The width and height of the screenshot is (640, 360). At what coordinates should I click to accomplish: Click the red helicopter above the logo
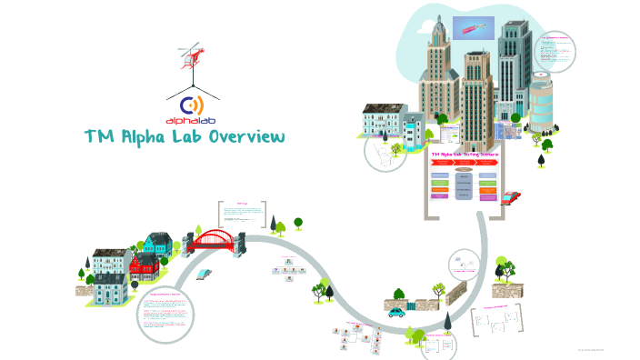coord(190,55)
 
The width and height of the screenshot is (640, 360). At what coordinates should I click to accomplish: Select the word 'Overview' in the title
coord(247,137)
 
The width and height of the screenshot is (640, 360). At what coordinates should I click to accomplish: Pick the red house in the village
coord(145,266)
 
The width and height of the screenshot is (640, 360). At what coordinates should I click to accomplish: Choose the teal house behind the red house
coord(157,244)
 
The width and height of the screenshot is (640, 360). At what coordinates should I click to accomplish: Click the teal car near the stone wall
coord(397,311)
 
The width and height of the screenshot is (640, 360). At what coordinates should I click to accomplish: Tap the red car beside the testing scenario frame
coord(511,196)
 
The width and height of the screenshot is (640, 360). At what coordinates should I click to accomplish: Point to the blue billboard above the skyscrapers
coord(473,28)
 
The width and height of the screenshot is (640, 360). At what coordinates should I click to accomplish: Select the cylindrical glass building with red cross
coord(541,101)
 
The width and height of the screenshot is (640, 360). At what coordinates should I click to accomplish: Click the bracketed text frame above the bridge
coord(242,215)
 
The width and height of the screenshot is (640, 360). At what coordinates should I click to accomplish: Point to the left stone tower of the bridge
coord(190,242)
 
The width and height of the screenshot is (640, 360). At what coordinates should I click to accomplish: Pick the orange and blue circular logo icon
coord(193,103)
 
